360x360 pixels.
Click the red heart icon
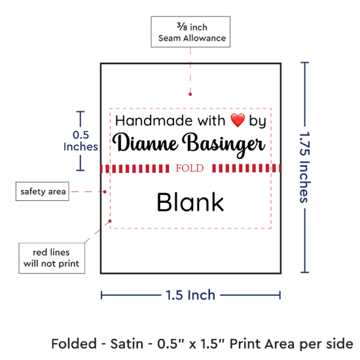tap(238, 120)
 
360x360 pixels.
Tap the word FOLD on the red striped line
tap(190, 168)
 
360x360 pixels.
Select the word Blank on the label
tap(190, 202)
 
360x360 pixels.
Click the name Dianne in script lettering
tap(145, 143)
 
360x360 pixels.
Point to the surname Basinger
tap(224, 145)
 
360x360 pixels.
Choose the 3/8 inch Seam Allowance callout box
tap(190, 32)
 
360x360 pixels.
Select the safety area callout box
tap(43, 191)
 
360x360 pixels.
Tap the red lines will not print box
tap(52, 258)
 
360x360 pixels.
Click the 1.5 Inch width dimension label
tap(190, 295)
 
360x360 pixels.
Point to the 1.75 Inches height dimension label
tap(305, 167)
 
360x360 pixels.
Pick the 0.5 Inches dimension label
tap(81, 141)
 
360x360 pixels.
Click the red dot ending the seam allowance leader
tap(190, 94)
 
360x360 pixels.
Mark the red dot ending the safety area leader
tap(105, 192)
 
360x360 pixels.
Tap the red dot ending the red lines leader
tap(110, 221)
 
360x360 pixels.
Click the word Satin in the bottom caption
tap(127, 344)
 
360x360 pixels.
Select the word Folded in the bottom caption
tap(74, 344)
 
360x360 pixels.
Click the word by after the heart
tap(258, 121)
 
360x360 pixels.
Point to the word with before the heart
tap(211, 120)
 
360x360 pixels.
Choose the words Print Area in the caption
tap(262, 344)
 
